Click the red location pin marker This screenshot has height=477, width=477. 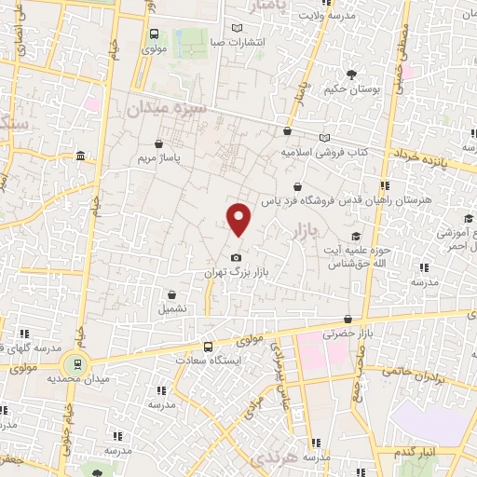[239, 219]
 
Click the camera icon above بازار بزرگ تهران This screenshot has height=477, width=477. [237, 257]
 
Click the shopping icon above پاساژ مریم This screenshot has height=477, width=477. [160, 144]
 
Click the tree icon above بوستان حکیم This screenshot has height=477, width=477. [351, 75]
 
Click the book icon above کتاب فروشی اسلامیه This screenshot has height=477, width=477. [323, 137]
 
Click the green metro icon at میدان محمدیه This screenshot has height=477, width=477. [76, 363]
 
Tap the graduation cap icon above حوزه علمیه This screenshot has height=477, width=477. [356, 237]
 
